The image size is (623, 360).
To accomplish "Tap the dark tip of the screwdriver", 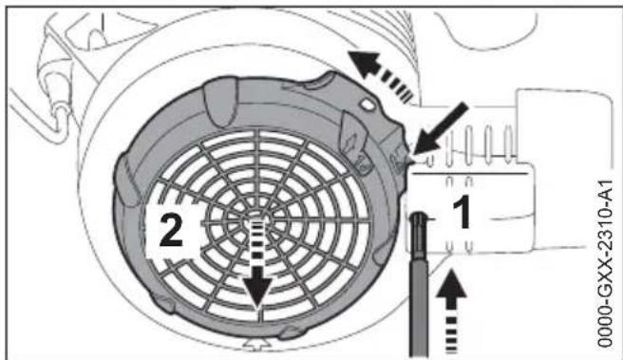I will click(417, 226).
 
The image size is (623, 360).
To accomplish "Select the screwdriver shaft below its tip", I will click(419, 304).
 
